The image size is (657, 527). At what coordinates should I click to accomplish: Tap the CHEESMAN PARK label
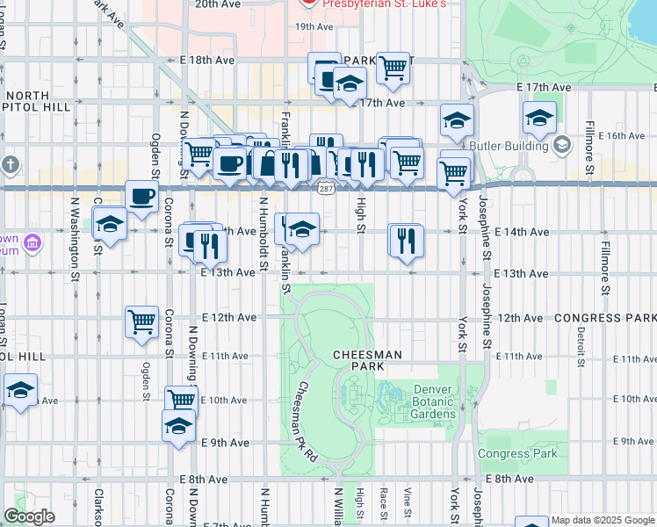366,359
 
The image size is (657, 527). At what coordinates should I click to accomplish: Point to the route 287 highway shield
325,190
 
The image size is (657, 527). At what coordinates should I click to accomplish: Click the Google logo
29,516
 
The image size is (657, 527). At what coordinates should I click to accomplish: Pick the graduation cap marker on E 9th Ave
178,426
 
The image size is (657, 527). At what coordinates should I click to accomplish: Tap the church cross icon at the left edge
10,164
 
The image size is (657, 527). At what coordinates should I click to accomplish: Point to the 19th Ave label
314,26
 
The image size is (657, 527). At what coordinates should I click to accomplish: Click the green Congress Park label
517,454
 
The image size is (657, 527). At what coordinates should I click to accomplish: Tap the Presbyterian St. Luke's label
384,4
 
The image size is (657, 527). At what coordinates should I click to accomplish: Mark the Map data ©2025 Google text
602,520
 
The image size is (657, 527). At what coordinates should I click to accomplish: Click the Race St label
384,497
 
